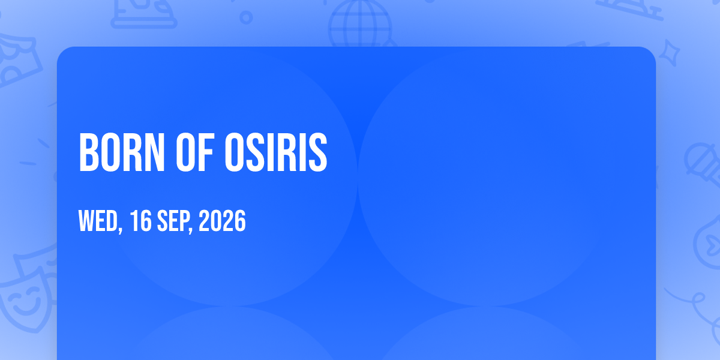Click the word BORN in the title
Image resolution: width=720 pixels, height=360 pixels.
(x=122, y=152)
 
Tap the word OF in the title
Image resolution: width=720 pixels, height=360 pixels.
(x=195, y=152)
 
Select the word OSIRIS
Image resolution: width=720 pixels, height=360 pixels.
(x=276, y=152)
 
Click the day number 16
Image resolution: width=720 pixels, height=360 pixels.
(x=140, y=221)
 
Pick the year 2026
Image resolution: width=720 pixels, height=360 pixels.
(x=222, y=221)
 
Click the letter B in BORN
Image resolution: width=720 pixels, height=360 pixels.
(x=88, y=152)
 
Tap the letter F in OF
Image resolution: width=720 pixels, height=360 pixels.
(x=206, y=152)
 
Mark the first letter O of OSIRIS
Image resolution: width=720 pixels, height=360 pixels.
(x=235, y=152)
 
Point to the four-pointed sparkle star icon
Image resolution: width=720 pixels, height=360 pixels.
(x=669, y=53)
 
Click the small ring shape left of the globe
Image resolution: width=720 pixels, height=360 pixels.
(x=246, y=17)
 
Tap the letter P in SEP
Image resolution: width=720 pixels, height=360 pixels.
(x=182, y=221)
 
